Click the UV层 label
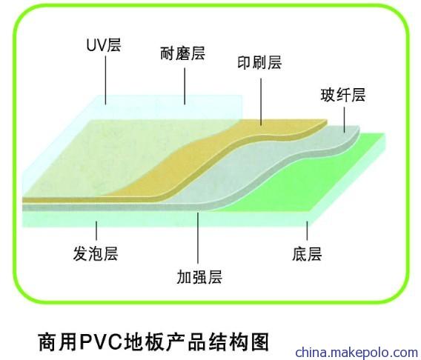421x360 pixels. [104, 45]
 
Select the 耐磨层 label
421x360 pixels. [183, 53]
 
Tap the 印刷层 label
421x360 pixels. [259, 63]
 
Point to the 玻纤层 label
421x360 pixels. [343, 95]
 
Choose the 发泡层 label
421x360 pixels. [96, 253]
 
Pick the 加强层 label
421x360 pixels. [199, 277]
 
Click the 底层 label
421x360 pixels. [307, 254]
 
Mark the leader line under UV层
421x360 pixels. [105, 80]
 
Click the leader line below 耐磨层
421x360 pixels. [185, 86]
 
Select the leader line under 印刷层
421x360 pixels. [261, 102]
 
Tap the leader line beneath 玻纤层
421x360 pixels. [345, 120]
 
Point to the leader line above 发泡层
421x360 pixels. [96, 230]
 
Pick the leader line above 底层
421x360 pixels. [308, 230]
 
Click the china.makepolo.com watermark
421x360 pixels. [357, 352]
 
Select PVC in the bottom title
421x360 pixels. [100, 341]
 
